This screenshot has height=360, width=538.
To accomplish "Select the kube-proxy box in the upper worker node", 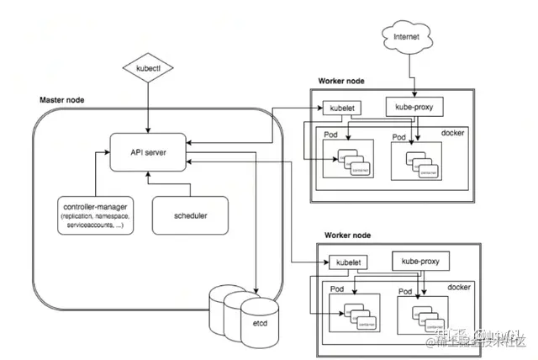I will pyautogui.click(x=414, y=107).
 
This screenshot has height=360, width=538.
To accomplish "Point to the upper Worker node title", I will pyautogui.click(x=342, y=81).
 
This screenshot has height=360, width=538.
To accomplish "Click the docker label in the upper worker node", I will pyautogui.click(x=452, y=132).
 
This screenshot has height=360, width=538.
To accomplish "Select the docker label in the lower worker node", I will pyautogui.click(x=459, y=288).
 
